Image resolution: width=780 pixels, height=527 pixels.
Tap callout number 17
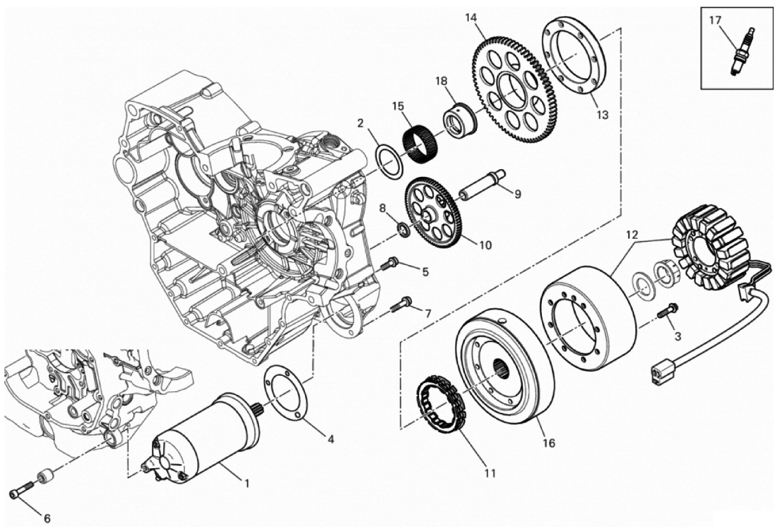715,21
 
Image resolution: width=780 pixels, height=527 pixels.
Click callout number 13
602,115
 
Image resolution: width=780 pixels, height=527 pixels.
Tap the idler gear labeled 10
432,211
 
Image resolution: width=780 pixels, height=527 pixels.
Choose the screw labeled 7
402,304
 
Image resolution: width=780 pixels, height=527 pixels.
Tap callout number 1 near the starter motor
246,483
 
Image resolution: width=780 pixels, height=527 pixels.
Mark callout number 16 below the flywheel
548,443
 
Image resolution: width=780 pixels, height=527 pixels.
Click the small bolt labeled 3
667,310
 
